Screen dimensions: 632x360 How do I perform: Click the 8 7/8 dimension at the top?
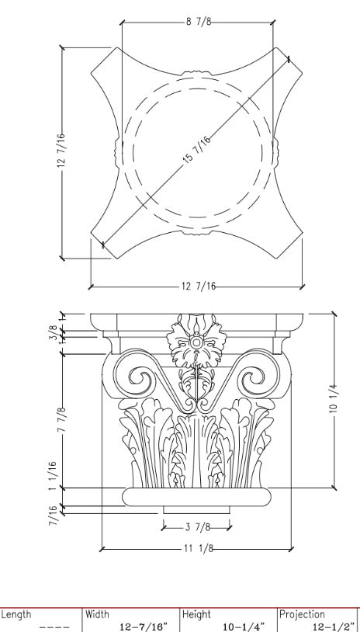pyautogui.click(x=197, y=22)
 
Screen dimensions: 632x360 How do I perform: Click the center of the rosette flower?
pyautogui.click(x=196, y=342)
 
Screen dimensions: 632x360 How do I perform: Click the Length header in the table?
pyautogui.click(x=16, y=614)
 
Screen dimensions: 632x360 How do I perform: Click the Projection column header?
pyautogui.click(x=303, y=614)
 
